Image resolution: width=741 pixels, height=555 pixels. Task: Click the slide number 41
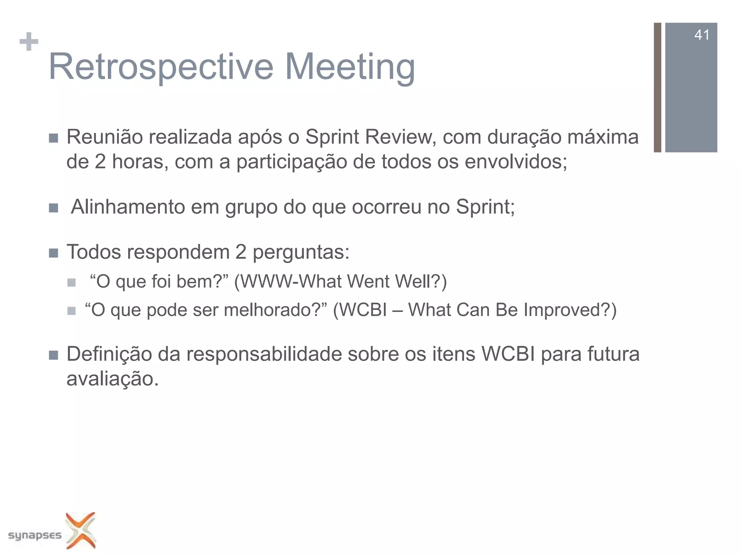702,35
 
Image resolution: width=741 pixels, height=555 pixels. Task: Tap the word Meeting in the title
350,67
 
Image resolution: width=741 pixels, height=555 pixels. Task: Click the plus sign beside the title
29,42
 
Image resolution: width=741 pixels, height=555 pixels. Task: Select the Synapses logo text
35,535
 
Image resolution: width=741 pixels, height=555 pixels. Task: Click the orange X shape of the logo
81,530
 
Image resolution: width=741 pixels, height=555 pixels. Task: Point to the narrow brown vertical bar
657,87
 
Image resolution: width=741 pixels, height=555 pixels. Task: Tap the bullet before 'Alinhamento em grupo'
54,208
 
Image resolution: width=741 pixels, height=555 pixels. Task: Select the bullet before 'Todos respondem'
54,253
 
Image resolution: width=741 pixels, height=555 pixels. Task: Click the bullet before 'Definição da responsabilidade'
54,355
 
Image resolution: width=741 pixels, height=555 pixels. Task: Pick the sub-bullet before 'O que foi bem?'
71,282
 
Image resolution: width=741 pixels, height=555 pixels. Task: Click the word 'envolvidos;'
516,162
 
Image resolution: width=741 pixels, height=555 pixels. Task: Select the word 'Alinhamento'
128,207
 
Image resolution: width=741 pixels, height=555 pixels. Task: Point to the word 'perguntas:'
301,253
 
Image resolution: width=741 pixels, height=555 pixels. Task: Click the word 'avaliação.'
113,379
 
